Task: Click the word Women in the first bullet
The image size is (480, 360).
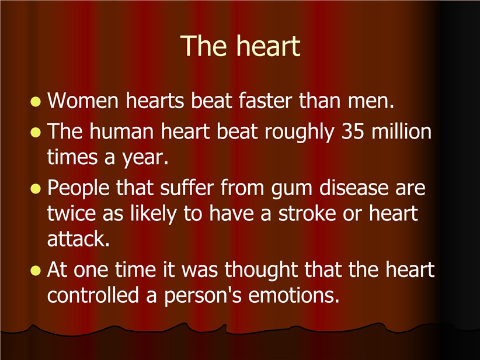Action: point(83,100)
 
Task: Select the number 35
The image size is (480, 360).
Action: point(353,131)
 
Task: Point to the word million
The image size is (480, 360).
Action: point(401,131)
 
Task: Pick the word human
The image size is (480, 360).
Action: point(121,131)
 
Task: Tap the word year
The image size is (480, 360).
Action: point(145,158)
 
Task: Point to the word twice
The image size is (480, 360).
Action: point(71,213)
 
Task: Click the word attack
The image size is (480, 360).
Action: point(78,238)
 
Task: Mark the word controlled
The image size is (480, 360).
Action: point(93,295)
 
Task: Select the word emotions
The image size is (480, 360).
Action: point(294,295)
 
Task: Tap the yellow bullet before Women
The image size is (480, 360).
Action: point(36,102)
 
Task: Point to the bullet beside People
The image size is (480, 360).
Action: point(36,189)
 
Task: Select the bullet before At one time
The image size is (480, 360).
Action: point(36,271)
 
